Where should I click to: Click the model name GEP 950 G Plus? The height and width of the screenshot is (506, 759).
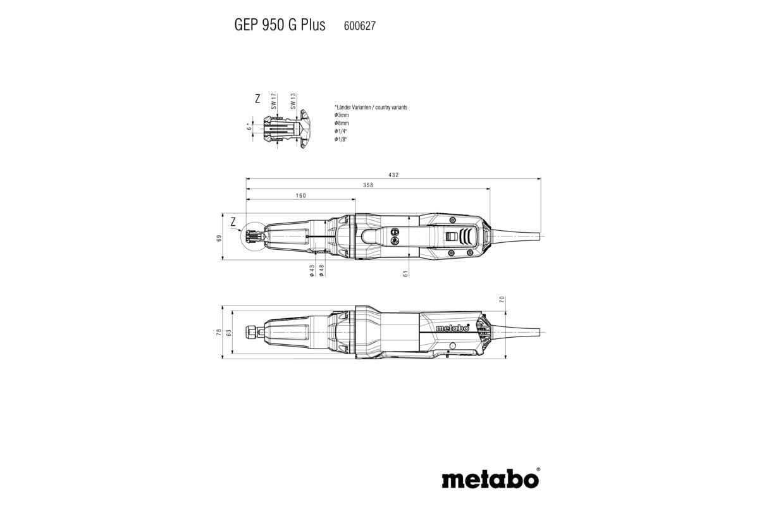(x=280, y=25)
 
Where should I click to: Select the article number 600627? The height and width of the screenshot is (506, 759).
(x=360, y=26)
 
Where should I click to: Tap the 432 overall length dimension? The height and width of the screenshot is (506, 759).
(x=393, y=175)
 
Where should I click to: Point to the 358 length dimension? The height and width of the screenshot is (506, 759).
(x=368, y=185)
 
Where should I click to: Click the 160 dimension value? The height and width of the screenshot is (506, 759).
(x=300, y=195)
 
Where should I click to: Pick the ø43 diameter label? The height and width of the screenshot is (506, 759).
(x=312, y=269)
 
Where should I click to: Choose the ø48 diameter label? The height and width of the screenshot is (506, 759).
(x=322, y=269)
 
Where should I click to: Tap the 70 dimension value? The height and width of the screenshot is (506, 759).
(x=502, y=299)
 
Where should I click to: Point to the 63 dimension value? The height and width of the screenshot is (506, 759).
(x=229, y=332)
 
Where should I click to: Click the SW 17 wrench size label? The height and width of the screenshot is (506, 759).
(x=274, y=101)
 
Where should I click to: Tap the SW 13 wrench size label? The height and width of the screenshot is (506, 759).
(x=293, y=101)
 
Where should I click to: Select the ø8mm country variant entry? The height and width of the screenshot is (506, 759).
(x=342, y=123)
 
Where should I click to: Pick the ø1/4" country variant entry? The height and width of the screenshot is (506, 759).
(x=342, y=130)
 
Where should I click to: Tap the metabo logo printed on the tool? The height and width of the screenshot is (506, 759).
(x=452, y=328)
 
